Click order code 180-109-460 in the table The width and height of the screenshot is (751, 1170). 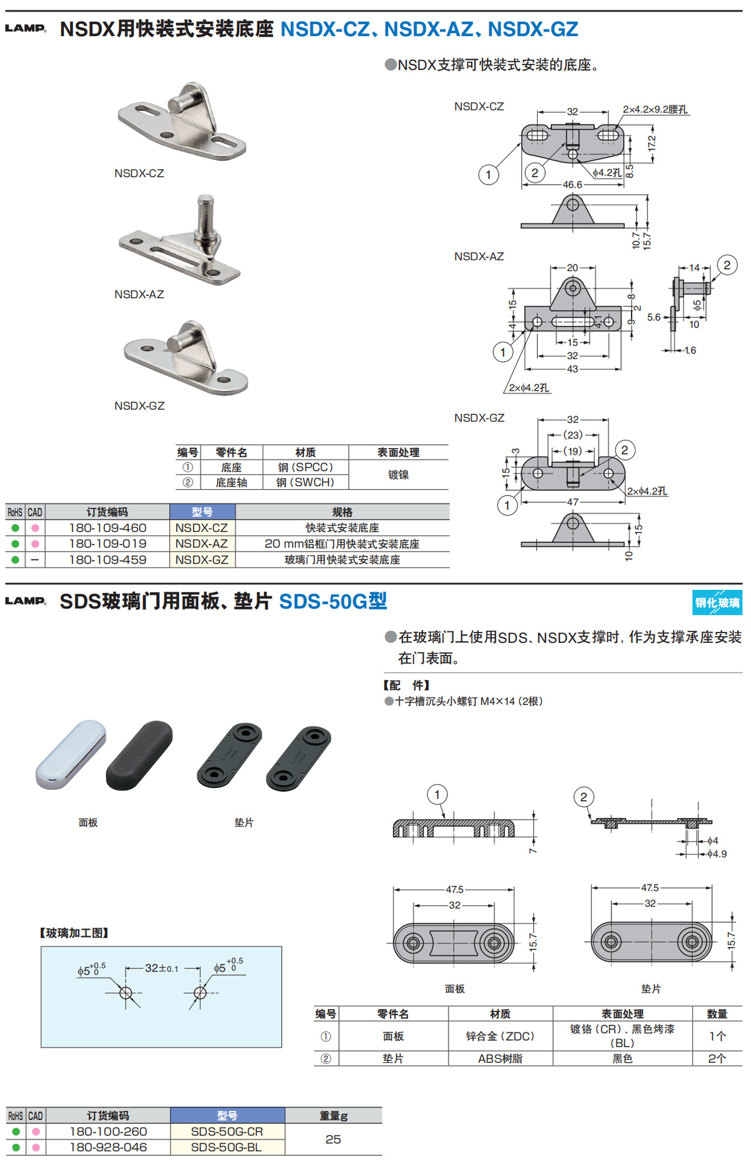[x=107, y=528]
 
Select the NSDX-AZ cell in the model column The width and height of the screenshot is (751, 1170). [x=202, y=544]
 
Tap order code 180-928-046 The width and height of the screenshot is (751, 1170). [x=108, y=1147]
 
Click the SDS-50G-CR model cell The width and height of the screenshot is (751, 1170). [x=227, y=1132]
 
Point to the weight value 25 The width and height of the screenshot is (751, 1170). [x=333, y=1139]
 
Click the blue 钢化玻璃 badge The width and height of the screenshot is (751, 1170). [x=717, y=602]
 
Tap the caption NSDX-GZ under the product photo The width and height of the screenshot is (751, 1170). [x=139, y=406]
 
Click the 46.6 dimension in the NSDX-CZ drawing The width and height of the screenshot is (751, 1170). [x=572, y=185]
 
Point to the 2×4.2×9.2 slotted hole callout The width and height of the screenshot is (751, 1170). [x=655, y=110]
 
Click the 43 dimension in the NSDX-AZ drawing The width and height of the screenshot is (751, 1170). [x=572, y=369]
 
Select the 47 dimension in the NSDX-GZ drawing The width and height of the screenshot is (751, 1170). [x=572, y=502]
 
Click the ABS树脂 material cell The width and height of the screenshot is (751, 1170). [x=500, y=1058]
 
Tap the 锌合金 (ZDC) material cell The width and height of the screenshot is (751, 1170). [x=500, y=1036]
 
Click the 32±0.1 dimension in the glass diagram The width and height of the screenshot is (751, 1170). [x=162, y=968]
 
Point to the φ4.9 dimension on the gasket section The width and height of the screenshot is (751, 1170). [x=717, y=854]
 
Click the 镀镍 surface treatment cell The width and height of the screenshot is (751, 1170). [x=398, y=475]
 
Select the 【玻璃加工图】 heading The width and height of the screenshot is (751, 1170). [x=74, y=933]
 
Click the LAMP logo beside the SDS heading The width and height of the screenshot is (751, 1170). [x=26, y=601]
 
